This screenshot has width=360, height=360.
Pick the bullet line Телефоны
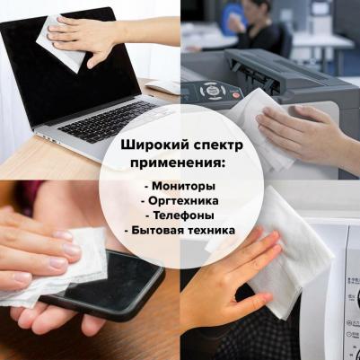tap(180, 215)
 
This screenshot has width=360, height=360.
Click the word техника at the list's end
tap(208, 231)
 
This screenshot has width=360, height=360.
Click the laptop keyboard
tap(108, 121)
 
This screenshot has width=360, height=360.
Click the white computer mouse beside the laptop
tap(163, 87)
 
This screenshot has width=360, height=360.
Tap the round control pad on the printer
tap(212, 91)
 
